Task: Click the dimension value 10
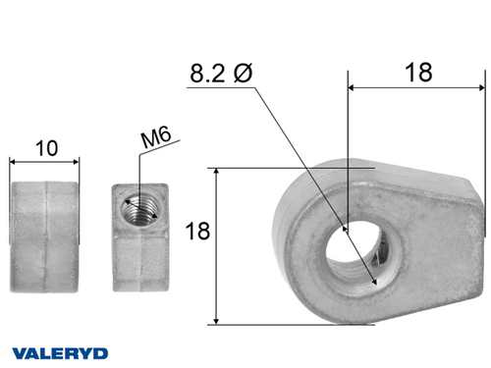click(x=45, y=148)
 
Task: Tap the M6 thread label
click(x=154, y=140)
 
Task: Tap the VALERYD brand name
click(x=60, y=351)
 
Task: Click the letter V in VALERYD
click(x=18, y=351)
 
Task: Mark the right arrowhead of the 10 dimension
click(x=77, y=162)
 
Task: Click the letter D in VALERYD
click(x=102, y=351)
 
